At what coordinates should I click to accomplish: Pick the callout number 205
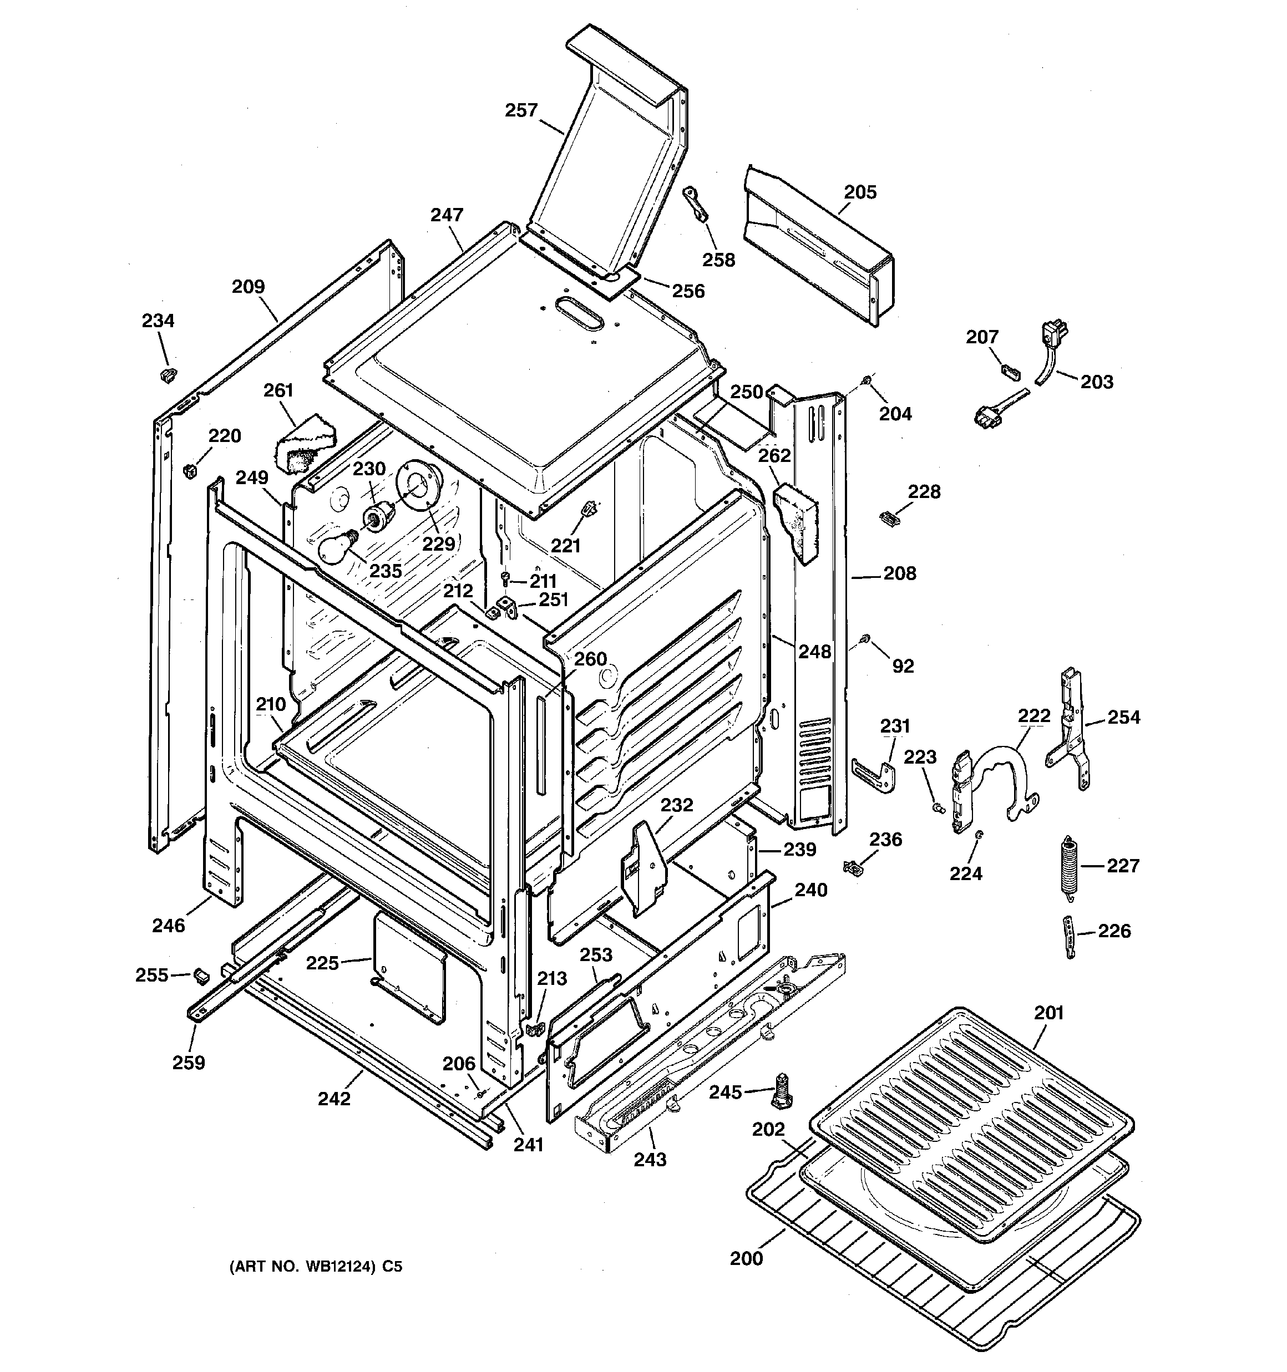(x=860, y=192)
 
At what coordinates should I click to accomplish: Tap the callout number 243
(x=650, y=1160)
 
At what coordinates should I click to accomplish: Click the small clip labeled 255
(x=201, y=974)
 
